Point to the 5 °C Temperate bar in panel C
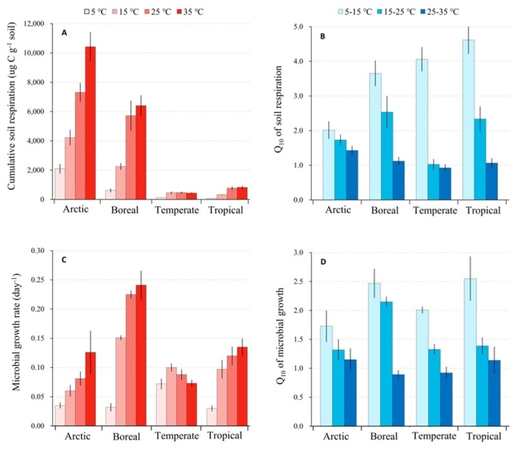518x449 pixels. [161, 405]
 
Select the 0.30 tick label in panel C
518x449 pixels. [38, 251]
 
